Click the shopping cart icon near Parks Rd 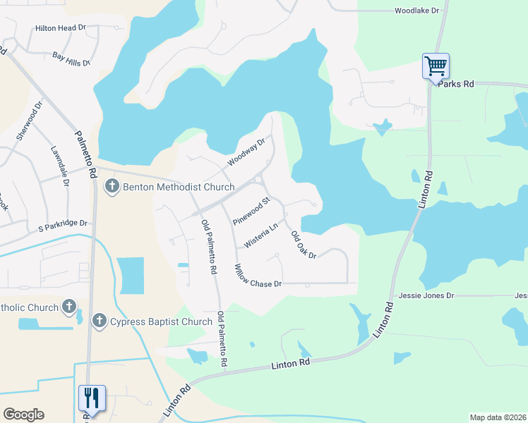click(x=436, y=66)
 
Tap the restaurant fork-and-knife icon click(x=92, y=398)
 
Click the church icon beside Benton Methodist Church click(x=112, y=187)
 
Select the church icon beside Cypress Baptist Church click(x=99, y=321)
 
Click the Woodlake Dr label click(x=416, y=11)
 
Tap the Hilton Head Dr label click(x=60, y=28)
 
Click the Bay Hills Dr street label click(x=71, y=59)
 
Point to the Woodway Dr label click(x=246, y=152)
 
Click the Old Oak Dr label click(x=303, y=245)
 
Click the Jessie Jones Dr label click(x=426, y=295)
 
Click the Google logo click(x=23, y=415)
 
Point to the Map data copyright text click(x=498, y=417)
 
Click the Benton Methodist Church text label click(x=179, y=187)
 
